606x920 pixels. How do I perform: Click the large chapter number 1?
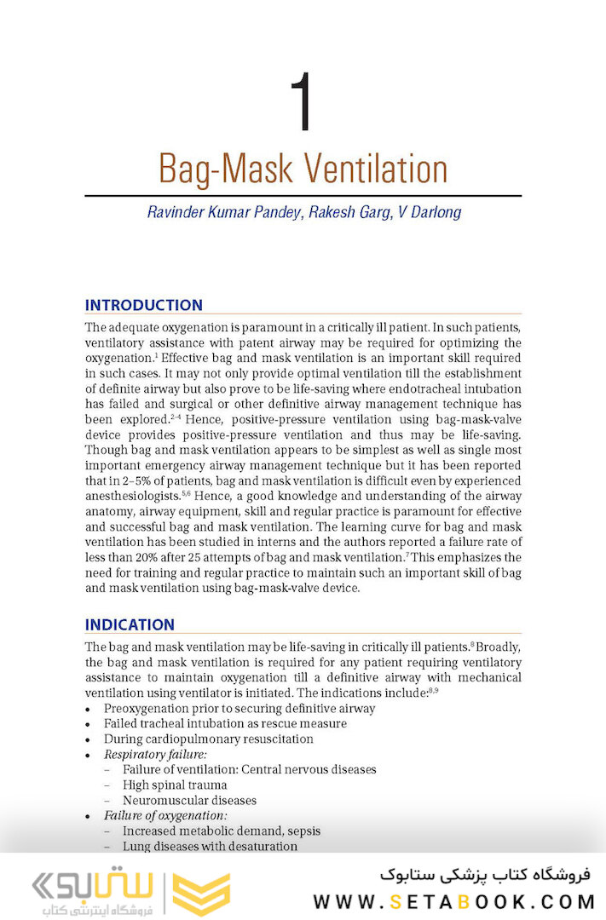(x=302, y=104)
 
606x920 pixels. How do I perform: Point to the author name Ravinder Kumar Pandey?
(x=221, y=212)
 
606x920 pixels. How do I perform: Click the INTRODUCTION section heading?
(x=143, y=305)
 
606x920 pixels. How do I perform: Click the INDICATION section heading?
(x=130, y=624)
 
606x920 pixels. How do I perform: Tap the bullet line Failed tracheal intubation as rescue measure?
(x=225, y=723)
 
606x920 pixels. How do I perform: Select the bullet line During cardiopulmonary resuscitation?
(x=208, y=739)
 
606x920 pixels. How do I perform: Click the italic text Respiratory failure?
(x=155, y=754)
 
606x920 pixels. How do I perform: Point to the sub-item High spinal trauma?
(x=175, y=785)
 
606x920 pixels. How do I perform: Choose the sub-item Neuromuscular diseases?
(x=189, y=800)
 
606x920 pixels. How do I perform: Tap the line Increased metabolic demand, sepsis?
(x=222, y=831)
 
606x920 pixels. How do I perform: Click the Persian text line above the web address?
(x=485, y=875)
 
